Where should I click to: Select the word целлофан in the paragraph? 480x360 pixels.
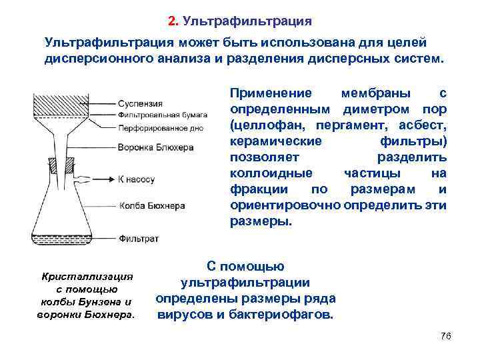pyautogui.click(x=263, y=125)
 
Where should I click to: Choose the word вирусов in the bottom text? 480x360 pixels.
pyautogui.click(x=183, y=314)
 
